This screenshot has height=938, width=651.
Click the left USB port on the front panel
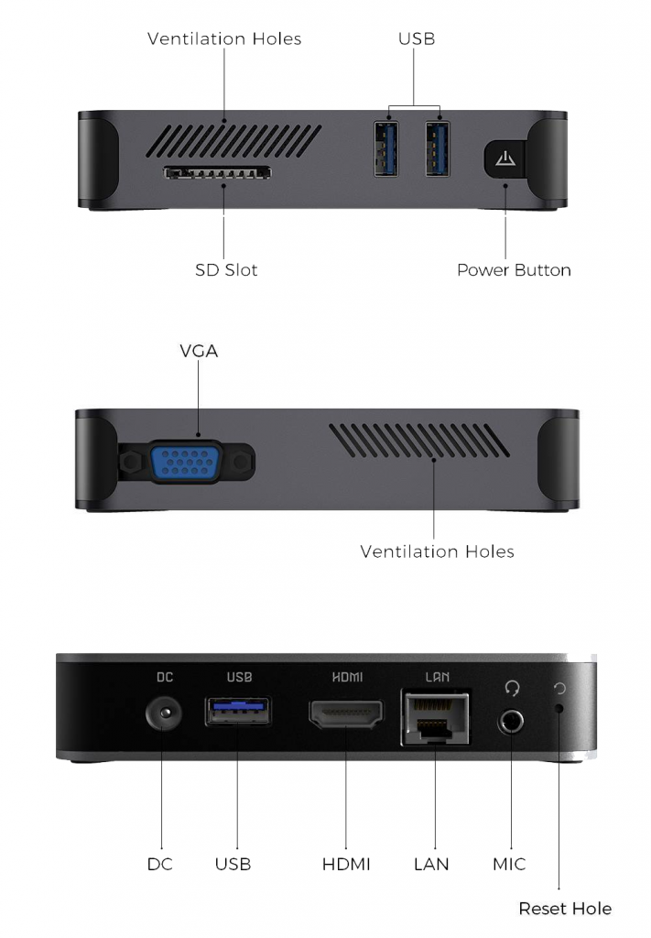click(386, 149)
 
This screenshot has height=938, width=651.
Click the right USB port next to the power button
click(438, 149)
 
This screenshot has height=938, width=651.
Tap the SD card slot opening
click(217, 173)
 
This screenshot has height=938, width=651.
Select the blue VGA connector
click(186, 462)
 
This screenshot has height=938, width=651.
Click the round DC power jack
click(163, 713)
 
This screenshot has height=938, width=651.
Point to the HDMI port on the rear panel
click(346, 714)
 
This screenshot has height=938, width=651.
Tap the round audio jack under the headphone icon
click(511, 722)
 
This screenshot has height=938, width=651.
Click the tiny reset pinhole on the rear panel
click(559, 708)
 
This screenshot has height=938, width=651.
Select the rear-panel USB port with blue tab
click(238, 711)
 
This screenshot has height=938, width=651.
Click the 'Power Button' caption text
click(514, 270)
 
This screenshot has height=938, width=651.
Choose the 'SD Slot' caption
click(226, 270)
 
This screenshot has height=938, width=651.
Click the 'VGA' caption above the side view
click(199, 351)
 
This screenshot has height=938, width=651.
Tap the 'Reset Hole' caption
click(565, 909)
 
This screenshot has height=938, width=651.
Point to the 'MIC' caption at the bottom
click(509, 865)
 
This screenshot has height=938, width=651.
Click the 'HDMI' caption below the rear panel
click(346, 865)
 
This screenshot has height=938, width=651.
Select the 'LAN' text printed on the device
click(437, 677)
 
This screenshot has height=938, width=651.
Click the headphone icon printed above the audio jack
click(512, 688)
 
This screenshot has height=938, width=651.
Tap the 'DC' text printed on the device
click(165, 677)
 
